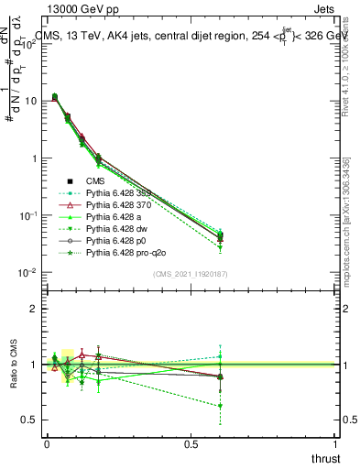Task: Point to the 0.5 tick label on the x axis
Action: coord(191,443)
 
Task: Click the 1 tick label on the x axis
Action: coord(335,443)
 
